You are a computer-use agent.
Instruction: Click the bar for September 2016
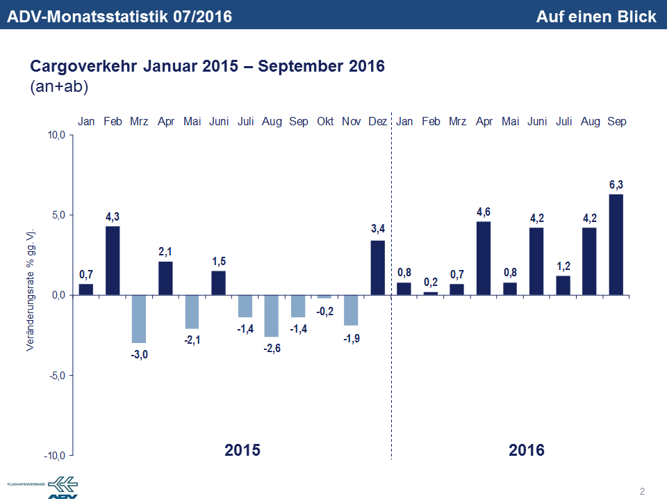616,244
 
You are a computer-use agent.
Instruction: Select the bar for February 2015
113,260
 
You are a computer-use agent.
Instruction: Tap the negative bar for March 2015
139,319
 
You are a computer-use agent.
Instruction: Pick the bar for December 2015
377,268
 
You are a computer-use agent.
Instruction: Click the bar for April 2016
484,258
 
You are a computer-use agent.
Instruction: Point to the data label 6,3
616,185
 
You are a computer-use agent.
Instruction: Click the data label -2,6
272,348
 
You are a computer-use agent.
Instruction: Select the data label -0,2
324,311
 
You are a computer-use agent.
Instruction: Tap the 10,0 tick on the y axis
56,135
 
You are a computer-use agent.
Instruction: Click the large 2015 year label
242,450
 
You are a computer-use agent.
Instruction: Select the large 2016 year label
527,450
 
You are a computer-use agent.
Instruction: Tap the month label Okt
325,121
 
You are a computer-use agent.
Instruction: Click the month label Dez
378,121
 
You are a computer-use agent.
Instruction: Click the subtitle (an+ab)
59,87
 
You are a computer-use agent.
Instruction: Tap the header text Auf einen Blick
595,17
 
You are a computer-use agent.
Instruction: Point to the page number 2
642,492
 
